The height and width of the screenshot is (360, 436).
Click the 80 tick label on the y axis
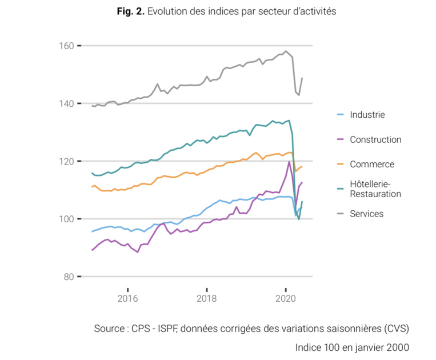[x=68, y=277]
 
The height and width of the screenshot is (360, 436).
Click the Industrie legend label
[x=367, y=115]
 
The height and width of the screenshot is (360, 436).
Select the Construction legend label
[x=375, y=140]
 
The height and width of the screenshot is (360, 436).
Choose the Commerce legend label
[x=372, y=165]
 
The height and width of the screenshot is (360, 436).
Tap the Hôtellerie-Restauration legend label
[x=375, y=189]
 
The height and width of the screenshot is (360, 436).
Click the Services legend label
[x=366, y=214]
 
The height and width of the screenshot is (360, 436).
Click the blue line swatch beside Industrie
[x=340, y=115]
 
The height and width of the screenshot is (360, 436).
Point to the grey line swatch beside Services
[x=340, y=214]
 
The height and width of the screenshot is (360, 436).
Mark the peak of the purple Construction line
[x=289, y=162]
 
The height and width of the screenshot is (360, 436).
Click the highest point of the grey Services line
[x=286, y=51]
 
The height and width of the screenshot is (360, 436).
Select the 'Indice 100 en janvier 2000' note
[x=352, y=347]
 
